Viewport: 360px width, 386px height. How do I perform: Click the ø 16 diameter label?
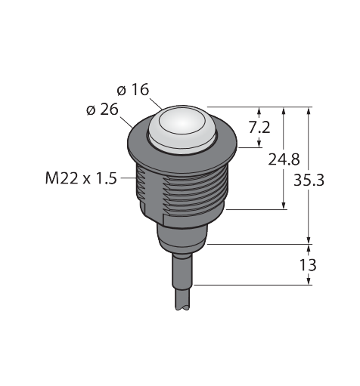[x=133, y=90]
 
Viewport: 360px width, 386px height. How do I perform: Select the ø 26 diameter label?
[x=102, y=110]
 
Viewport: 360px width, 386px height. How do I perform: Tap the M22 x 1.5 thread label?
[x=81, y=178]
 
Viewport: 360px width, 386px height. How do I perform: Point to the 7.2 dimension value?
[x=259, y=127]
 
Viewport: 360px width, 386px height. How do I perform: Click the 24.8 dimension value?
[x=284, y=159]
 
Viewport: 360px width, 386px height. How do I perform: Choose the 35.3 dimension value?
[x=309, y=181]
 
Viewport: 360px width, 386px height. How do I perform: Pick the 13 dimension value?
[x=308, y=265]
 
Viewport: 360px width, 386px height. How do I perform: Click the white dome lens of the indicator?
[x=182, y=129]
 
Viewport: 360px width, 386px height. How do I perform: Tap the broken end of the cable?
[x=182, y=307]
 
